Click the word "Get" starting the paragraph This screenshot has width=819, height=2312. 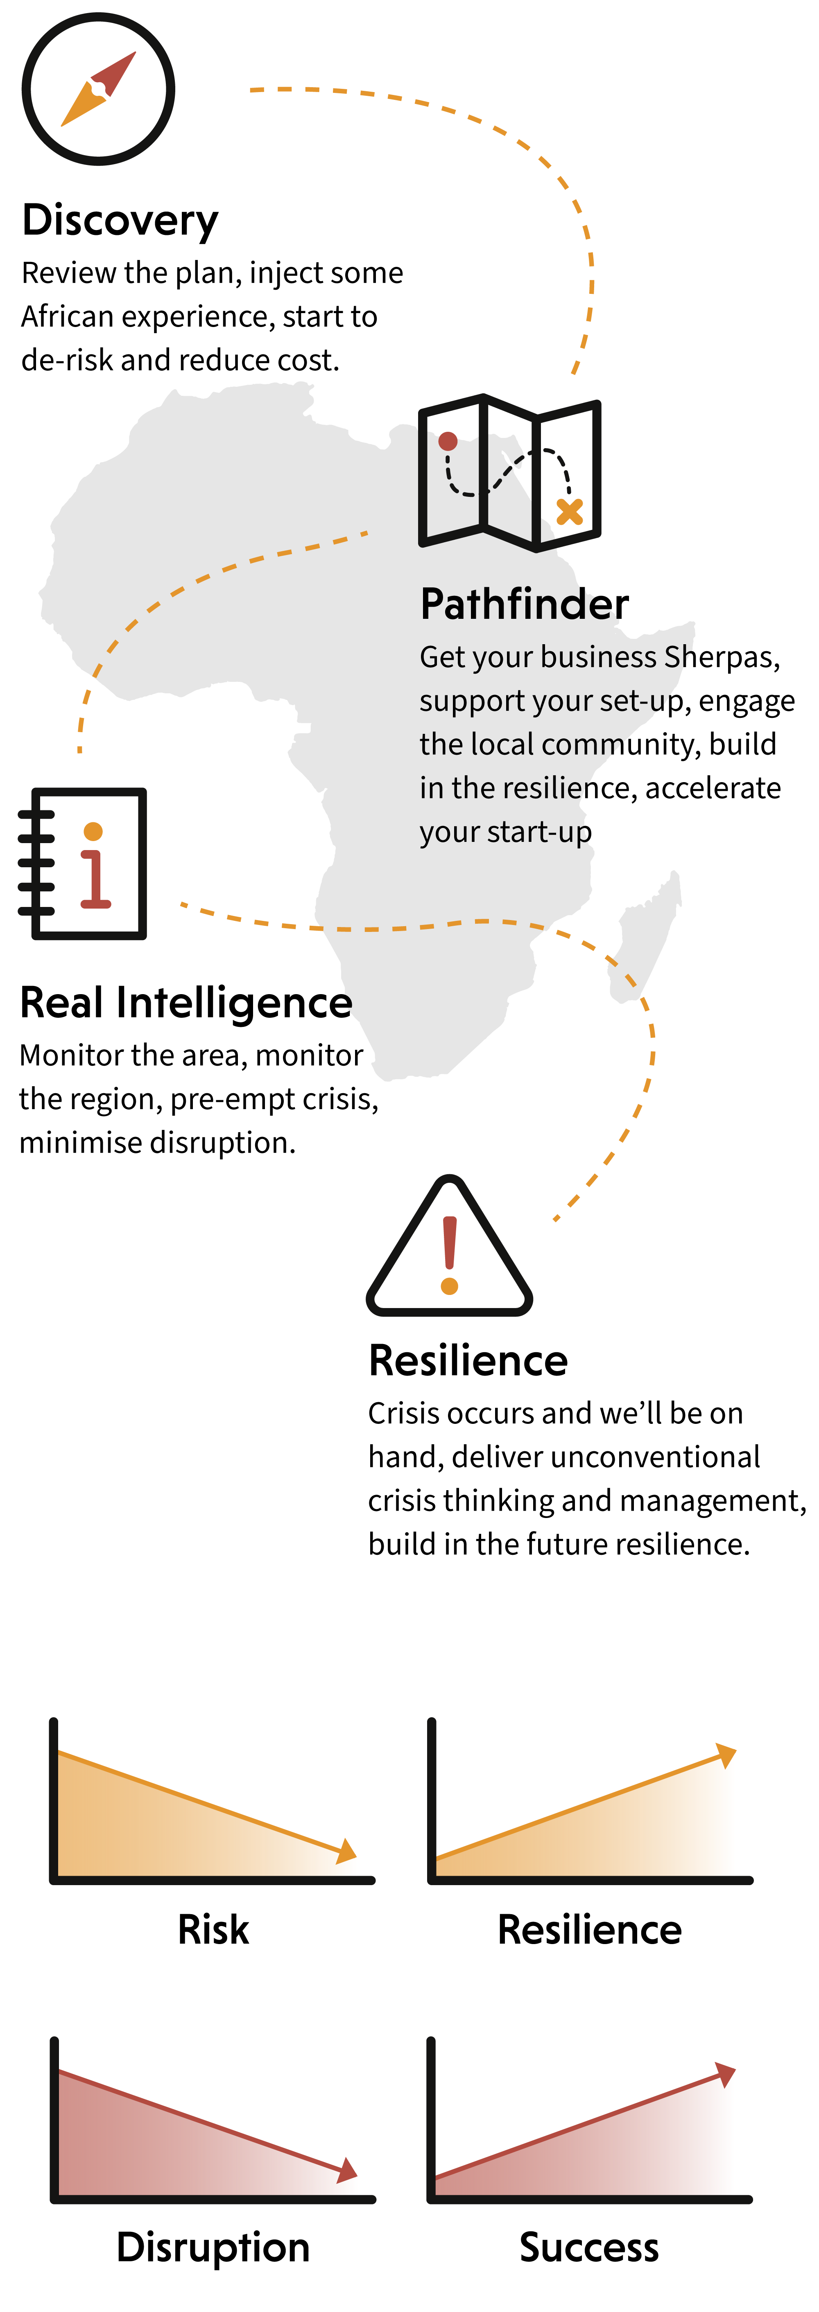click(442, 657)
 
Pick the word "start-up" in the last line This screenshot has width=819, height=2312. click(537, 832)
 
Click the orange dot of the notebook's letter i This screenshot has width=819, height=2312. click(93, 831)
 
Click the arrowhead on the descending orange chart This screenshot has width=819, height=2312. click(346, 1851)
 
